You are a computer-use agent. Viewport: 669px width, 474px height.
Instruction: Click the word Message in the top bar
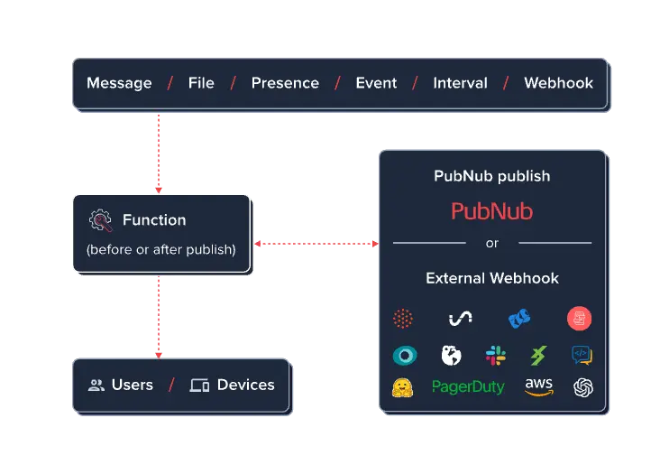pyautogui.click(x=119, y=83)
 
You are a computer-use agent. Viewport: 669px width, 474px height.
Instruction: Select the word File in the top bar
pyautogui.click(x=201, y=83)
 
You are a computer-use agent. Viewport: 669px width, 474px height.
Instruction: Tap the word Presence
pyautogui.click(x=285, y=83)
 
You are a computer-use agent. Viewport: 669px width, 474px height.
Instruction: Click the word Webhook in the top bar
pyautogui.click(x=559, y=83)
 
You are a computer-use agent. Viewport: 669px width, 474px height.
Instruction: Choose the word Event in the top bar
pyautogui.click(x=376, y=83)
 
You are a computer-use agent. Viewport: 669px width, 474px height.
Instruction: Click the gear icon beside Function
pyautogui.click(x=100, y=220)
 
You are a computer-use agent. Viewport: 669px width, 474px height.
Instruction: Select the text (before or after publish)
pyautogui.click(x=161, y=249)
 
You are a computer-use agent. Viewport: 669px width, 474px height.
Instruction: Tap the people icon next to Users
pyautogui.click(x=96, y=386)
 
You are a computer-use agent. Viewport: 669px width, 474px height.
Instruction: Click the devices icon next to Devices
pyautogui.click(x=199, y=386)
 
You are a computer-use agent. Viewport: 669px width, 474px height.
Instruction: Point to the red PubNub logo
pyautogui.click(x=491, y=212)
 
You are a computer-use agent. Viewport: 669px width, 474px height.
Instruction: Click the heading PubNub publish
pyautogui.click(x=491, y=176)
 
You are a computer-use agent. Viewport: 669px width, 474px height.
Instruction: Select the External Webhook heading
pyautogui.click(x=491, y=278)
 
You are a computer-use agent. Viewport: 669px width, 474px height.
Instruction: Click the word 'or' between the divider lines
pyautogui.click(x=491, y=243)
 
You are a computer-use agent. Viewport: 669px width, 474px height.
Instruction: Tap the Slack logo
pyautogui.click(x=495, y=356)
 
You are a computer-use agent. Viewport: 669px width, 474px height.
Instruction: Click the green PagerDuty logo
pyautogui.click(x=468, y=387)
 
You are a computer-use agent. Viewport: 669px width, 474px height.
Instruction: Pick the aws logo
pyautogui.click(x=539, y=386)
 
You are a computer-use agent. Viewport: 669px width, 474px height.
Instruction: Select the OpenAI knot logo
pyautogui.click(x=583, y=387)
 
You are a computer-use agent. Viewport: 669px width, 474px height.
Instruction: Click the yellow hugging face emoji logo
pyautogui.click(x=402, y=387)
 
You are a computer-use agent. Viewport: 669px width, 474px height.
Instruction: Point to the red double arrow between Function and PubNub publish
pyautogui.click(x=316, y=243)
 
